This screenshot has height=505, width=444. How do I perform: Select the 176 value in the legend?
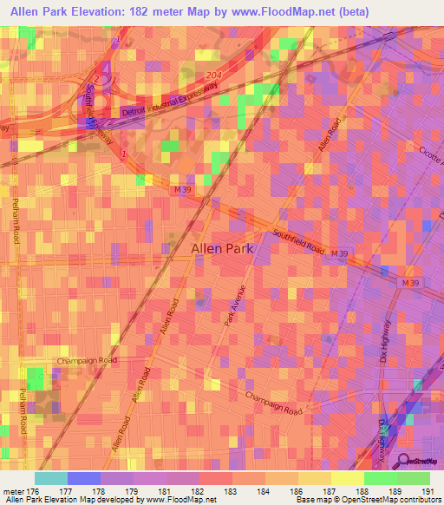coord(33,491)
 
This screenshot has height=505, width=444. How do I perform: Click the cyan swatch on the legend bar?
coord(50,478)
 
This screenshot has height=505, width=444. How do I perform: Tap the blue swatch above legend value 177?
coord(84,478)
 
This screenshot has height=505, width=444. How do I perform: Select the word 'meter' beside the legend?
coord(11,491)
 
